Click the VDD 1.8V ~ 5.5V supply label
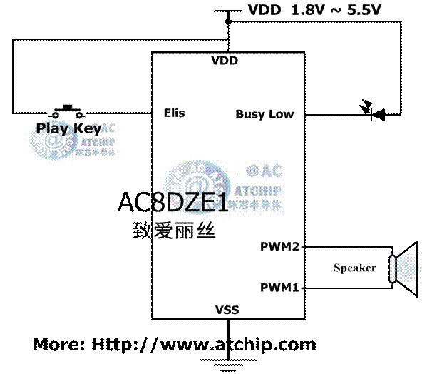315,10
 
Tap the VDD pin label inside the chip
225,61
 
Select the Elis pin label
174,113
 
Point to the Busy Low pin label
264,114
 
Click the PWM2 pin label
279,247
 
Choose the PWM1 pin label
279,288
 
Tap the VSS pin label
227,310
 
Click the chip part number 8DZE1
191,203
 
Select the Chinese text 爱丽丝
185,231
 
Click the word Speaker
355,268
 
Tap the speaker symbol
405,268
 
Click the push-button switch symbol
66,111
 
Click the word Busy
250,114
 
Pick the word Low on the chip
281,114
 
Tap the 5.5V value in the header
364,10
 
